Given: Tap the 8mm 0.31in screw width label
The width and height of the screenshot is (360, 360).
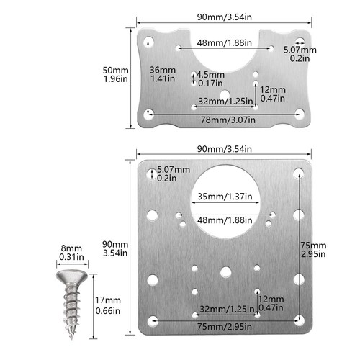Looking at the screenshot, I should pos(68,252).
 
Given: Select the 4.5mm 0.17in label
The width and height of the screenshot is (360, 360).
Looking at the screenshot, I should pos(210,78).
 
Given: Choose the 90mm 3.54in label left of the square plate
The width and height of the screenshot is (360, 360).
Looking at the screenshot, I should pos(115,248).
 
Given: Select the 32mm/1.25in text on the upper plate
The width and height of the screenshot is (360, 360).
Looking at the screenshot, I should pos(225,102).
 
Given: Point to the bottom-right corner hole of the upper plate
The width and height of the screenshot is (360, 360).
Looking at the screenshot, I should pos(300,113).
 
